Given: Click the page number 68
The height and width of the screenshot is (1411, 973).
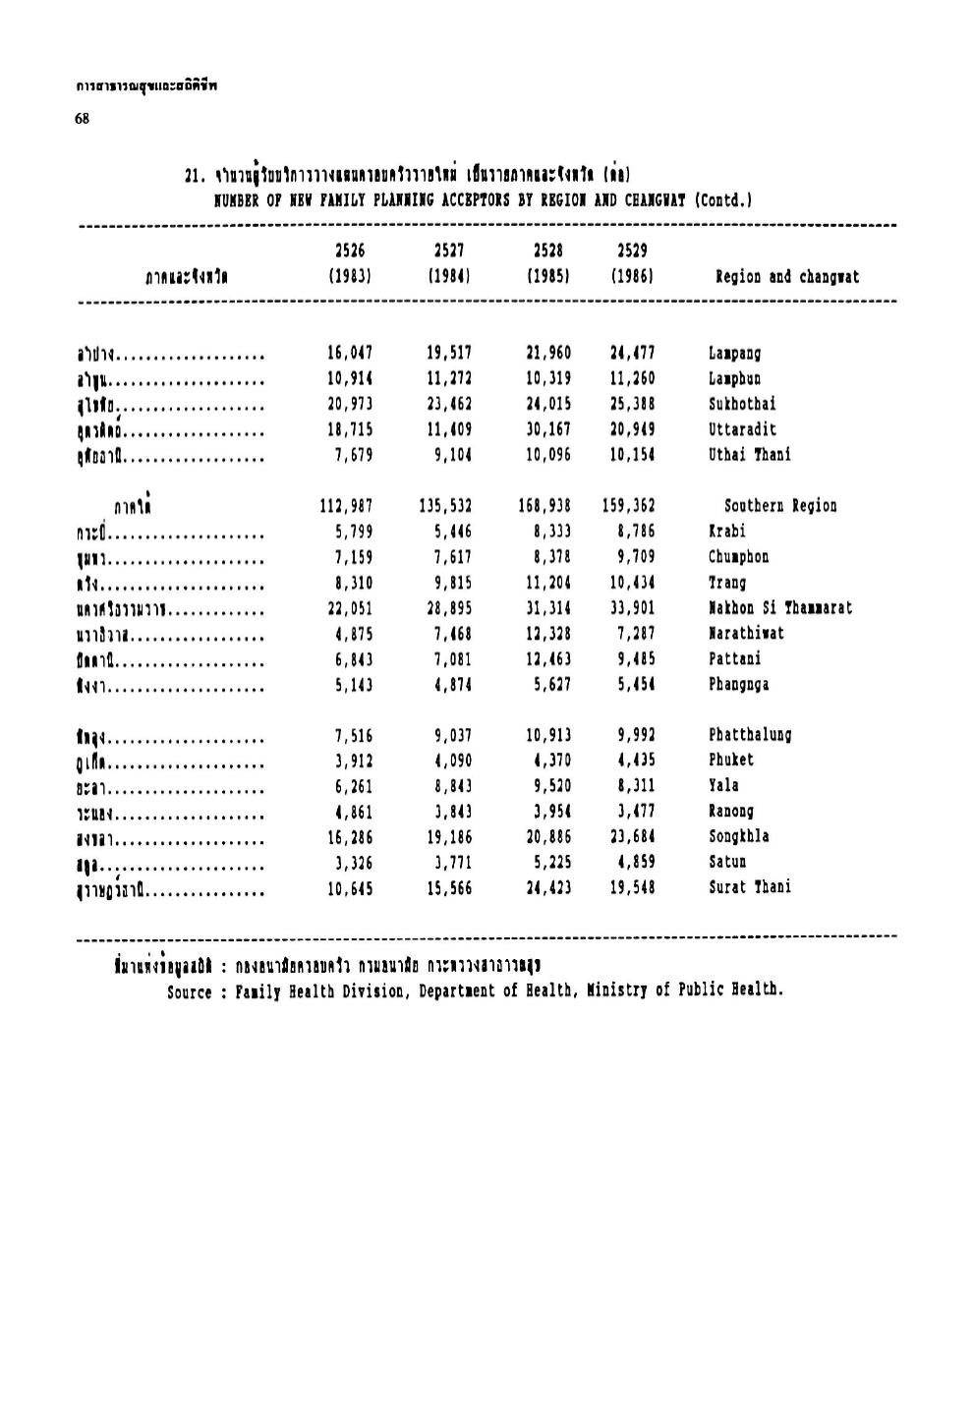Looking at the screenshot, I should (82, 119).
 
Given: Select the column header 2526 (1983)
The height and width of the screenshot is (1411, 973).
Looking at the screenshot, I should (350, 264).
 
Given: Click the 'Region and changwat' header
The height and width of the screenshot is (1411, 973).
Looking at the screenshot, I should (787, 277).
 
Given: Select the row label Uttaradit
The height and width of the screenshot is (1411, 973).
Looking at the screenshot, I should (742, 430).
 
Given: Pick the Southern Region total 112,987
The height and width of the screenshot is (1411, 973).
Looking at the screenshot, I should (346, 507).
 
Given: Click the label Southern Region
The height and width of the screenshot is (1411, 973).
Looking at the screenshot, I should (780, 507).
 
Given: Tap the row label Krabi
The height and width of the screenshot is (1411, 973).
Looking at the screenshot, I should (726, 532).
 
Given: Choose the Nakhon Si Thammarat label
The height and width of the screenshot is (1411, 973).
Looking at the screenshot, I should (780, 608).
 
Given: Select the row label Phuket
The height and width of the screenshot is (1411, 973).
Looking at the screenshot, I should (731, 761).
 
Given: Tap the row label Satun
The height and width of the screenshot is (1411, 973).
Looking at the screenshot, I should (728, 863).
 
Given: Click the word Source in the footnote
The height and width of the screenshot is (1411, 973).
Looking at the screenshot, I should (189, 991).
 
